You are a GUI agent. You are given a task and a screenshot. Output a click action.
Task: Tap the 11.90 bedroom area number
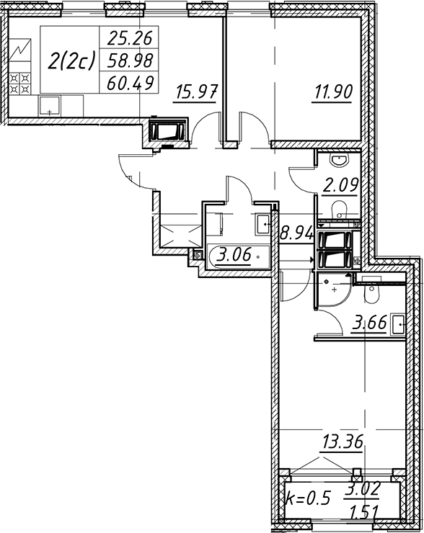(x=333, y=92)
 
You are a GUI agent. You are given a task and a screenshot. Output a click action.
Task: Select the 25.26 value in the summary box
(x=129, y=37)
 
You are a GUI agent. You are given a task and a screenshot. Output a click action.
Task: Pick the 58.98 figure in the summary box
(x=130, y=61)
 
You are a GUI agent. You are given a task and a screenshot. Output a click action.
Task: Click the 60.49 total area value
(x=130, y=83)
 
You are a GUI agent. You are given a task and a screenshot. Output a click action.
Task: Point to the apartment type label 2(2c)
(x=71, y=61)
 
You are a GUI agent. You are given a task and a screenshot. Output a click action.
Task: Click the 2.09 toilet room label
(x=340, y=186)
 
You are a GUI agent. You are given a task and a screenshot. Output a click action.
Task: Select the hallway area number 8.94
(x=296, y=233)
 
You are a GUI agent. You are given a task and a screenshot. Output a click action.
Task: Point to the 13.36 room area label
(x=343, y=442)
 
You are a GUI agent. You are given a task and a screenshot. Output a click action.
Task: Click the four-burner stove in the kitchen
(x=19, y=84)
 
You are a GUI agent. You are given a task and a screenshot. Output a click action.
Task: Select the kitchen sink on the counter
(x=49, y=106)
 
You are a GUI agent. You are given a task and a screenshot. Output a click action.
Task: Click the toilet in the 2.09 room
(x=339, y=209)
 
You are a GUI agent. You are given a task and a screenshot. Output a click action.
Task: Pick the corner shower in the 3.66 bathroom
(x=333, y=291)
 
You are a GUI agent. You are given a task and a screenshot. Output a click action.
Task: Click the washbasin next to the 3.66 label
(x=398, y=325)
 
